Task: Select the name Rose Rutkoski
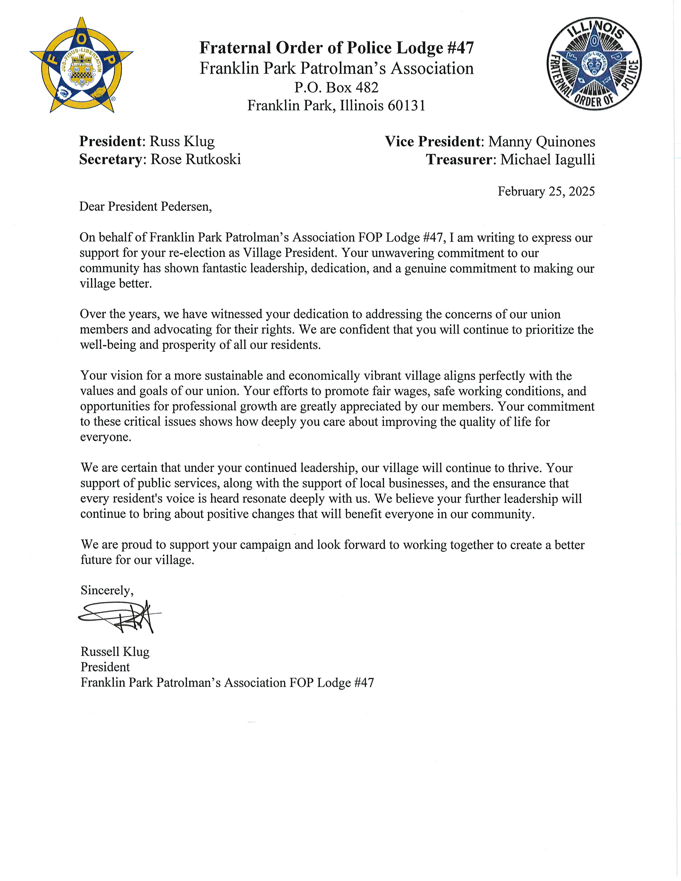pos(196,159)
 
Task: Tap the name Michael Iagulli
pos(547,160)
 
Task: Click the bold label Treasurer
pos(459,160)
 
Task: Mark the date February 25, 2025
pos(546,191)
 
